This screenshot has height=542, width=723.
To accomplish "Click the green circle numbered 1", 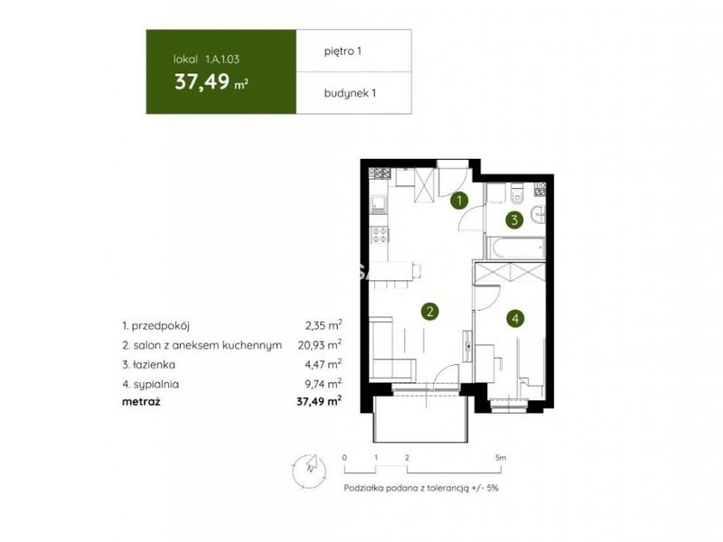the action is pyautogui.click(x=459, y=201).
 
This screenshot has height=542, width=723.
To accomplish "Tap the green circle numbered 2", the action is pyautogui.click(x=430, y=312).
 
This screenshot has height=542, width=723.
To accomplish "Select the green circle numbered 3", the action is pyautogui.click(x=514, y=220).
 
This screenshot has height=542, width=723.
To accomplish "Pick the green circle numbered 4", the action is pyautogui.click(x=515, y=318).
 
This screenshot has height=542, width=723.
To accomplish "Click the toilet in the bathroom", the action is pyautogui.click(x=517, y=193).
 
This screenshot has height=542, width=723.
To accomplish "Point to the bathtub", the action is pyautogui.click(x=516, y=248).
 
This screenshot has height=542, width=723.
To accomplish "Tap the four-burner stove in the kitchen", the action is pyautogui.click(x=380, y=235).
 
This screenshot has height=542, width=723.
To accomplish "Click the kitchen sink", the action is pyautogui.click(x=380, y=202).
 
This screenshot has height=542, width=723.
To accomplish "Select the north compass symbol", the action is pyautogui.click(x=309, y=469).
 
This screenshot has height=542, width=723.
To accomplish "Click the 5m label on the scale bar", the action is pyautogui.click(x=501, y=458).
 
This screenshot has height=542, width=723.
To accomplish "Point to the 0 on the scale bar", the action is pyautogui.click(x=344, y=458).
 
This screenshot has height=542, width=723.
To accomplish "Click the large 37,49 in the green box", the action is pyautogui.click(x=202, y=81).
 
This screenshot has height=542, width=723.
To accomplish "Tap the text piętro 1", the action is pyautogui.click(x=343, y=51).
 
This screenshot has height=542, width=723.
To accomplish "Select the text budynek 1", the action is pyautogui.click(x=350, y=93).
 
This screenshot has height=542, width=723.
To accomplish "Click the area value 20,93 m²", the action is pyautogui.click(x=320, y=345).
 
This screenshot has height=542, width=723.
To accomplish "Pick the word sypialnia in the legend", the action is pyautogui.click(x=155, y=385).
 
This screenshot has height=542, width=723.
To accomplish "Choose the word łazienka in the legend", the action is pyautogui.click(x=154, y=365).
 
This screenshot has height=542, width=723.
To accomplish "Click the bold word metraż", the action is pyautogui.click(x=141, y=401).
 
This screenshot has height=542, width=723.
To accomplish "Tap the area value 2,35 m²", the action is pyautogui.click(x=324, y=325).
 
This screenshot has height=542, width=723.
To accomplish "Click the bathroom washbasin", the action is pyautogui.click(x=538, y=215).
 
